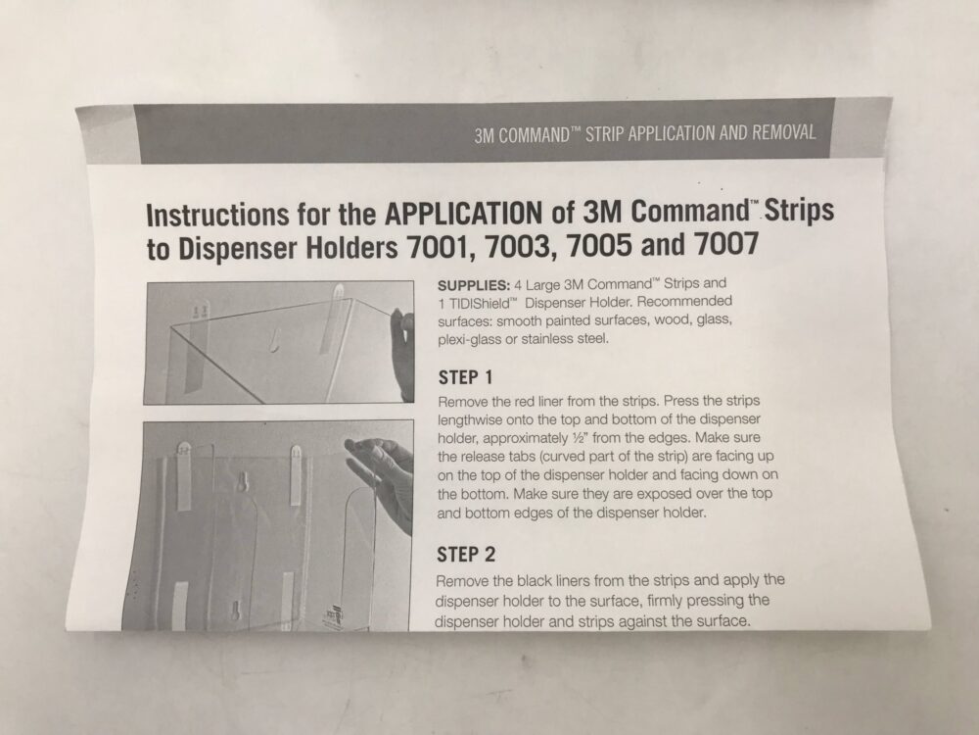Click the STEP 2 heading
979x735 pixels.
coord(465,555)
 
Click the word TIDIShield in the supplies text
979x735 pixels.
coord(483,302)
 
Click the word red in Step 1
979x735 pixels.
coord(533,403)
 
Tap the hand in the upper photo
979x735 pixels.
coord(402,353)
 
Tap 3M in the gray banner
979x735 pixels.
coord(485,135)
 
